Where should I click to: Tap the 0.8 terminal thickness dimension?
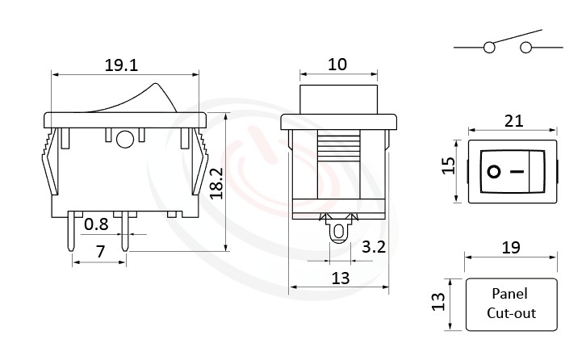(98, 224)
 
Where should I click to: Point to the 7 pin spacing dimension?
(99, 253)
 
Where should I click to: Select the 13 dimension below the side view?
(340, 278)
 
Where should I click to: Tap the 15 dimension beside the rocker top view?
(450, 165)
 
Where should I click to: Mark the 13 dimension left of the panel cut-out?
(438, 303)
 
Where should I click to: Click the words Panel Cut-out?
(511, 303)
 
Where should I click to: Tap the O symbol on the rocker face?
(493, 172)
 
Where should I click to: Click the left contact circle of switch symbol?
(489, 48)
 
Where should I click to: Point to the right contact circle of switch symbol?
(526, 48)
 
